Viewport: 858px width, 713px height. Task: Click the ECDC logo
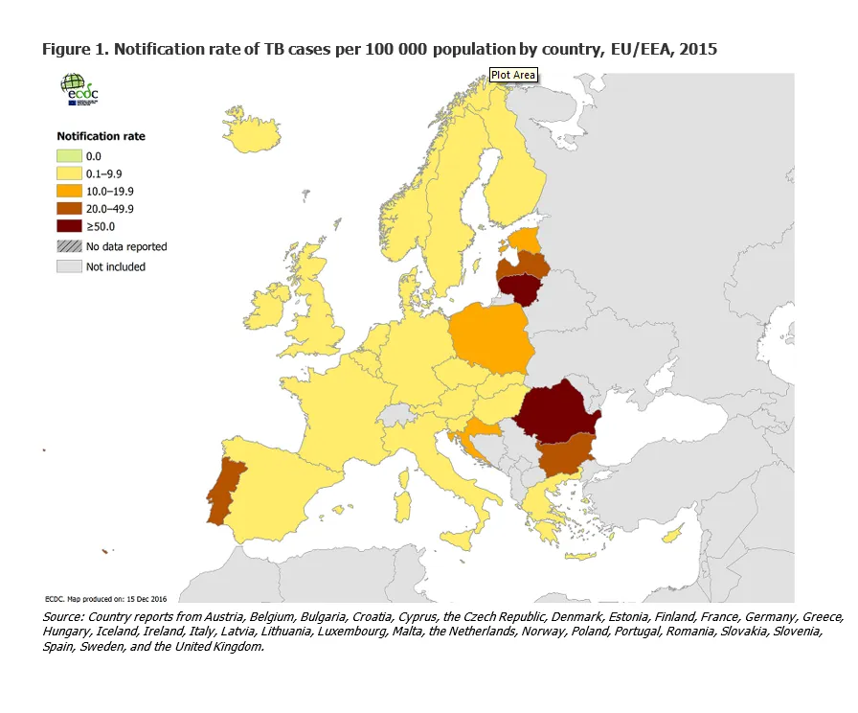point(79,91)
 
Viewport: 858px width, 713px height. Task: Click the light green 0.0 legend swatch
point(70,155)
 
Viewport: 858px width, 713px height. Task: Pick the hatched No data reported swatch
point(70,246)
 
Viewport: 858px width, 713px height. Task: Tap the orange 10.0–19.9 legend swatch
point(70,192)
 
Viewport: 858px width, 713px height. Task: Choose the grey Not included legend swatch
point(70,266)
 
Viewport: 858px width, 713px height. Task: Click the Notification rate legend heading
point(102,136)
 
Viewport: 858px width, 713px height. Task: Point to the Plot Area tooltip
point(513,75)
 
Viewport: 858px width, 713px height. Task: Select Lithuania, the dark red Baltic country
point(520,287)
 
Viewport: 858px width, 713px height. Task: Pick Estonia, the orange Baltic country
point(525,238)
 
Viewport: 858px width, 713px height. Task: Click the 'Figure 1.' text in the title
point(75,49)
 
